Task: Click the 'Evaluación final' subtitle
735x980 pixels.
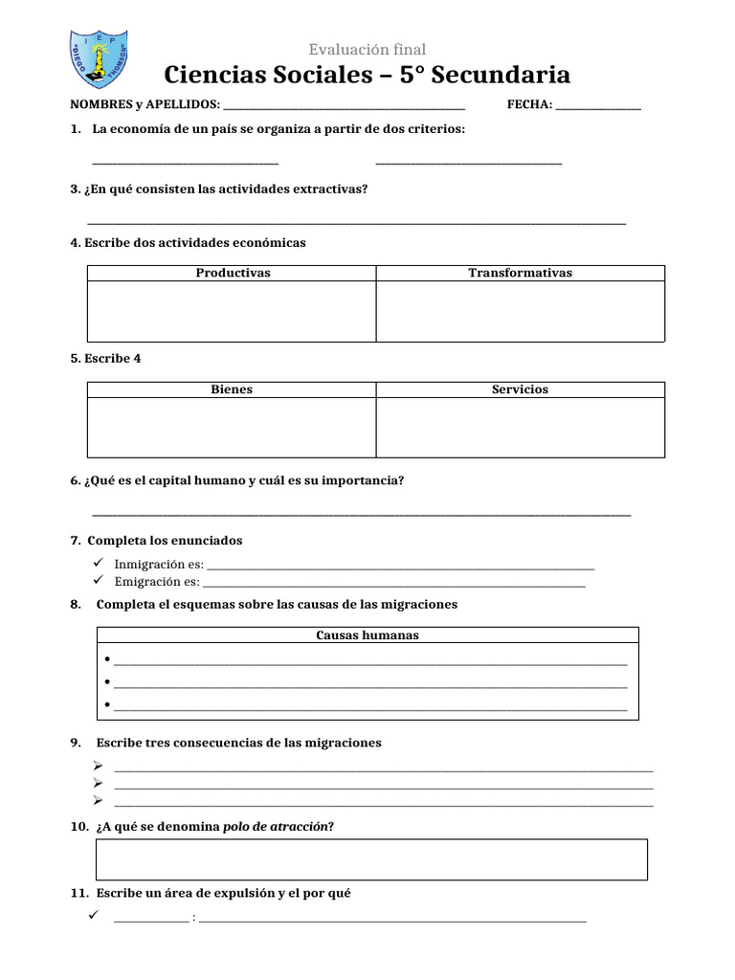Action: pyautogui.click(x=367, y=49)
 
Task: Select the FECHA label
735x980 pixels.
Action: pyautogui.click(x=529, y=104)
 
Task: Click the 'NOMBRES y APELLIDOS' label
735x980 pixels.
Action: pyautogui.click(x=145, y=104)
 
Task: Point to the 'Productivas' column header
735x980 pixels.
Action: pyautogui.click(x=233, y=273)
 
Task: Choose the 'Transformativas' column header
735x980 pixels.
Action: pyautogui.click(x=520, y=273)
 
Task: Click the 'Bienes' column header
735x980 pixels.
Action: pyautogui.click(x=232, y=390)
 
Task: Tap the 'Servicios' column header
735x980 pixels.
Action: pyautogui.click(x=520, y=390)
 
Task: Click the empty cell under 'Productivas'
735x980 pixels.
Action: pyautogui.click(x=232, y=311)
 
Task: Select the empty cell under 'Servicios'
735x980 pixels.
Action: pyautogui.click(x=520, y=427)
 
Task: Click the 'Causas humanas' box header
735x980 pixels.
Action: pyautogui.click(x=367, y=635)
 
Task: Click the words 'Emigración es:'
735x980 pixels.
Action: pyautogui.click(x=157, y=582)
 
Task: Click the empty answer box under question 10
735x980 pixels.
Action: pyautogui.click(x=371, y=859)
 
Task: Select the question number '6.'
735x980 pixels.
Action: pyautogui.click(x=76, y=480)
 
